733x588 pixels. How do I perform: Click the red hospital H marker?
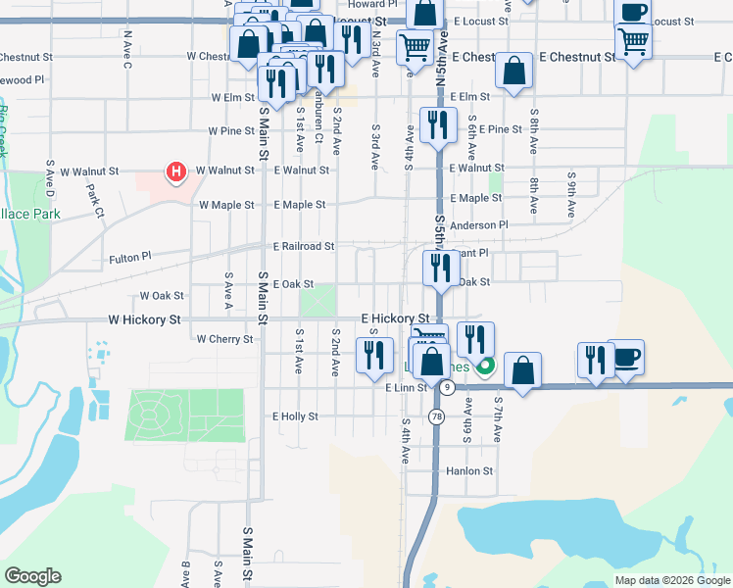pos(176,173)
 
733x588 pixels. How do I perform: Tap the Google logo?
pos(32,576)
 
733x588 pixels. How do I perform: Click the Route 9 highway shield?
pos(447,388)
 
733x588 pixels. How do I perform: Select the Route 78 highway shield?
pos(434,416)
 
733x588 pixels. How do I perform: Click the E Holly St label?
pos(295,416)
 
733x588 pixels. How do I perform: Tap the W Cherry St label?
pos(224,339)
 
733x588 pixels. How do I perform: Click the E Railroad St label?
pos(304,246)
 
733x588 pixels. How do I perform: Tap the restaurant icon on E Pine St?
pos(437,125)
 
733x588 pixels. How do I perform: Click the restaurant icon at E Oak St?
pos(440,269)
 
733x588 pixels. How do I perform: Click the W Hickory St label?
pos(144,319)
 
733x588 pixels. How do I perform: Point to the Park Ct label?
pos(95,199)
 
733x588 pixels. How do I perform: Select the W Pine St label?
pos(231,130)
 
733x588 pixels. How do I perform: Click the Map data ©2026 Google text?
pos(671,580)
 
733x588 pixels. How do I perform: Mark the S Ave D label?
pos(49,174)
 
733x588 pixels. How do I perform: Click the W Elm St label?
pos(233,98)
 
